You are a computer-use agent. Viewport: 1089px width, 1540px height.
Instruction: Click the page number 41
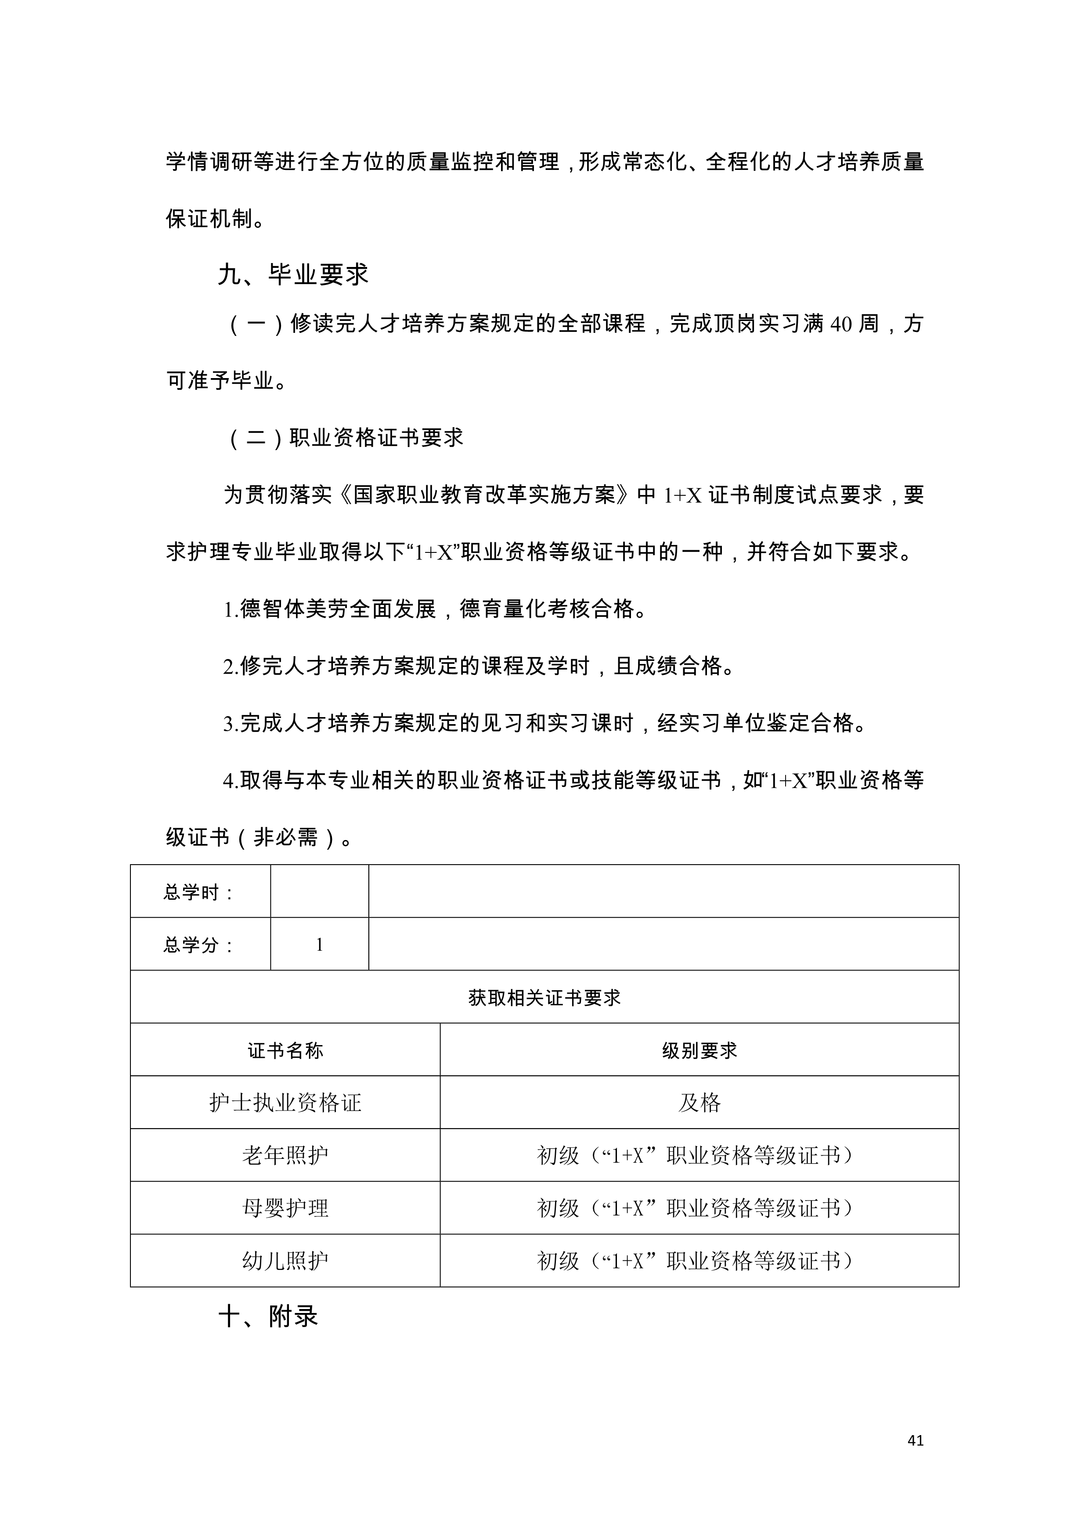(915, 1440)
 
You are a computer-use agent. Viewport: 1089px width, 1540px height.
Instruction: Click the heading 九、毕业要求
(293, 274)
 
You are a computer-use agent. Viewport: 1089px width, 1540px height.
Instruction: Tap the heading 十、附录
(268, 1316)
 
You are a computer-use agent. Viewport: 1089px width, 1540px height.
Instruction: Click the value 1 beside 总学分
(319, 945)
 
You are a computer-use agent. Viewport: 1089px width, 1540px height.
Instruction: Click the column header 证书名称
(285, 1050)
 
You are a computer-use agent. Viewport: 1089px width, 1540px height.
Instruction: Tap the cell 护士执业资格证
(285, 1103)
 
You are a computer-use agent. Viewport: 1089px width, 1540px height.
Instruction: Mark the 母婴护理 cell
(285, 1208)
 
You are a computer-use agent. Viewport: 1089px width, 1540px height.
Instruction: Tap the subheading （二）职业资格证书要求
(346, 438)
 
